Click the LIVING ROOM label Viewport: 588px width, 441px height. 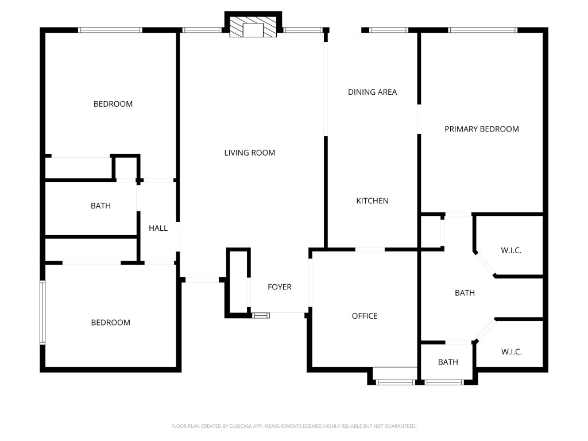click(x=249, y=153)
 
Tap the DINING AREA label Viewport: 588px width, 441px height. click(x=372, y=92)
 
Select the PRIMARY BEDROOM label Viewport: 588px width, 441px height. click(x=481, y=129)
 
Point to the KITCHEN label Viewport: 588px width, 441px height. click(x=372, y=201)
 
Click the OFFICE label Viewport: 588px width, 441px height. click(x=365, y=316)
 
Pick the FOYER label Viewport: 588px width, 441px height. click(x=280, y=287)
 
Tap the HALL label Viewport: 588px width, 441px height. click(x=158, y=228)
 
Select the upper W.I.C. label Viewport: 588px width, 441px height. click(x=511, y=251)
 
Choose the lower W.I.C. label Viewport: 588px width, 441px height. click(x=511, y=352)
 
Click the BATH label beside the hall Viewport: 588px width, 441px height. click(x=100, y=206)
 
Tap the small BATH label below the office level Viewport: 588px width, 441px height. click(x=448, y=362)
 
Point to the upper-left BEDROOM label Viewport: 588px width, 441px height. click(x=113, y=104)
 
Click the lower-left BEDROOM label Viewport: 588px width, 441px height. click(x=110, y=323)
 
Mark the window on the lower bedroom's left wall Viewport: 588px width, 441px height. click(x=42, y=313)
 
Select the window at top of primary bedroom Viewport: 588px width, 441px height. click(x=482, y=30)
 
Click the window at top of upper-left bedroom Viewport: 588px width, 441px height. click(x=110, y=30)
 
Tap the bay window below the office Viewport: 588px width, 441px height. click(x=394, y=381)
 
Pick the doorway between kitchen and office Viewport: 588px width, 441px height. click(x=370, y=249)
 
